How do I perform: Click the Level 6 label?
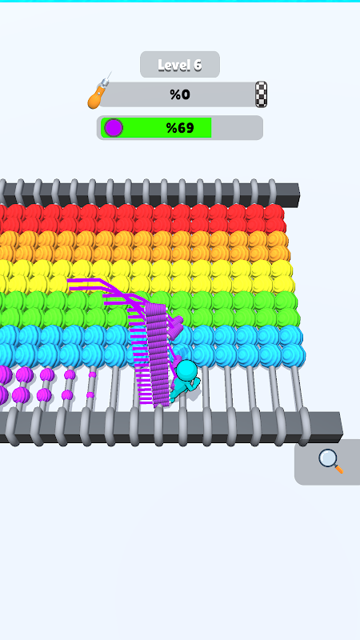pos(179,65)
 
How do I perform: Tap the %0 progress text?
pos(180,94)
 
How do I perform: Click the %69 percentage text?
pos(180,128)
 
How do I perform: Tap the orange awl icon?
pos(98,92)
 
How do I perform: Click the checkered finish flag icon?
pos(262,94)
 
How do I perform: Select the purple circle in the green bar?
pos(114,128)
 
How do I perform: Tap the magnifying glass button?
pos(330,462)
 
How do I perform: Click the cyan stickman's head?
pos(187,370)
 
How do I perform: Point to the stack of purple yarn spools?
pos(157,354)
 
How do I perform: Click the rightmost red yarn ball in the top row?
pos(274,212)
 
